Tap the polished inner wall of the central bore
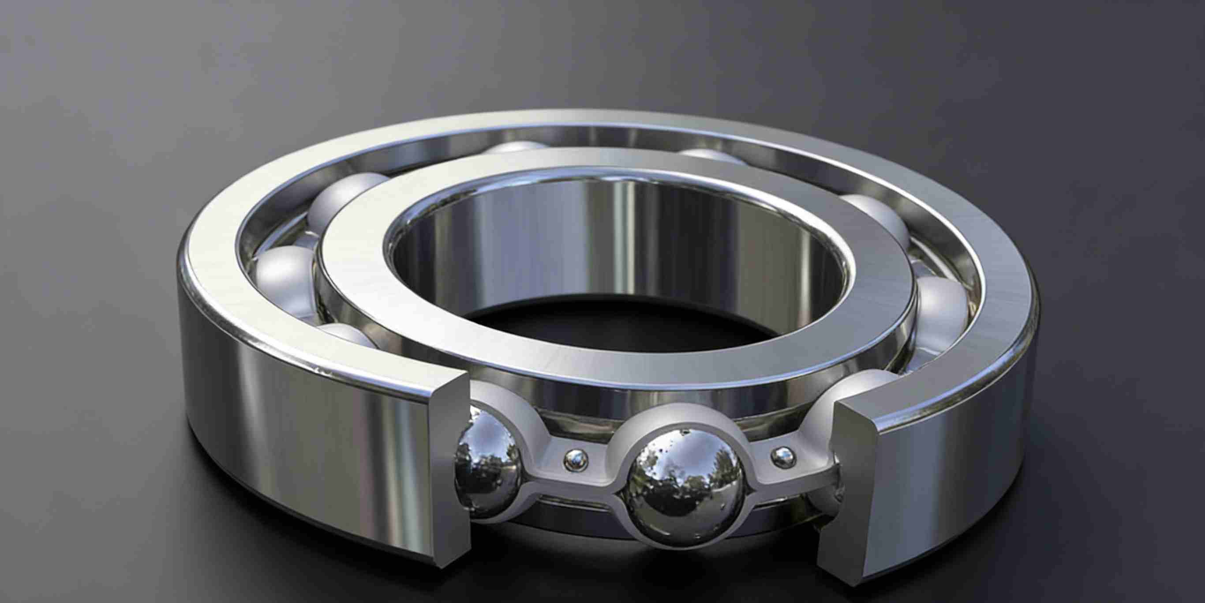pos(608,243)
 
